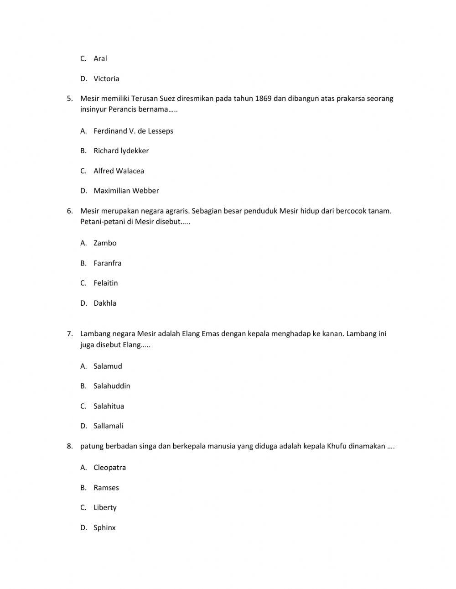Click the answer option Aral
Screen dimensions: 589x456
(100, 58)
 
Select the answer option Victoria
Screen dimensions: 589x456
(106, 78)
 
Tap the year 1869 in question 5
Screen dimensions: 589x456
(264, 99)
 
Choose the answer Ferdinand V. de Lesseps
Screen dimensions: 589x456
(133, 131)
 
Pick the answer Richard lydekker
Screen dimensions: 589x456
(121, 151)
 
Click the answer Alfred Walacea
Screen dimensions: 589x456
(119, 171)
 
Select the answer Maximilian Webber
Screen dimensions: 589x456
(126, 191)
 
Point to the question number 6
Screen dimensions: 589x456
(69, 211)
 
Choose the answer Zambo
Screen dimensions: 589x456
(105, 243)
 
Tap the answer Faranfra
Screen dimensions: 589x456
(108, 263)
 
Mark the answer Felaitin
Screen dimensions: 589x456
(106, 283)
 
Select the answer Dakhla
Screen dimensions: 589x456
(105, 303)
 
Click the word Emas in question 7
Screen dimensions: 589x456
(211, 334)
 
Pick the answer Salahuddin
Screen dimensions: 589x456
(112, 386)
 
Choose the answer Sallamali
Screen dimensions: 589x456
(109, 426)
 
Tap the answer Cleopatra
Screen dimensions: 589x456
(109, 468)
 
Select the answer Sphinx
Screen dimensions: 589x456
(104, 528)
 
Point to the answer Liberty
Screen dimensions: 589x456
(105, 507)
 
